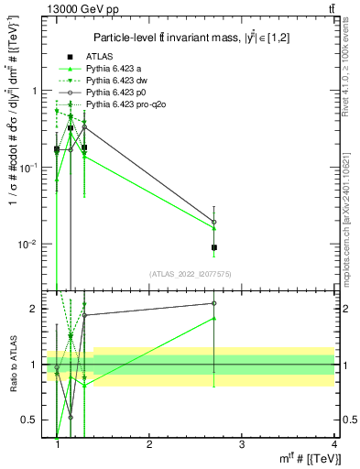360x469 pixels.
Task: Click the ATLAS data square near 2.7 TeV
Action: [213, 247]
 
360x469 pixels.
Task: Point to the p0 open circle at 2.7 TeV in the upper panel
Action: [213, 222]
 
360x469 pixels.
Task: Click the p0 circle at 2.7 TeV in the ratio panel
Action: [213, 303]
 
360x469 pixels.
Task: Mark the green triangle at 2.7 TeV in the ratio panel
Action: [213, 319]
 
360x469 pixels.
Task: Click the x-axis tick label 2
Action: [149, 443]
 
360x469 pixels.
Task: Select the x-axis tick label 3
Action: [241, 443]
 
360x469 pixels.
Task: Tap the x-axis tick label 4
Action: [333, 443]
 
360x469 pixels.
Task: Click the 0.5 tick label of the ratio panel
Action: [34, 420]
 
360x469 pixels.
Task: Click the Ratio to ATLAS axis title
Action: [13, 365]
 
